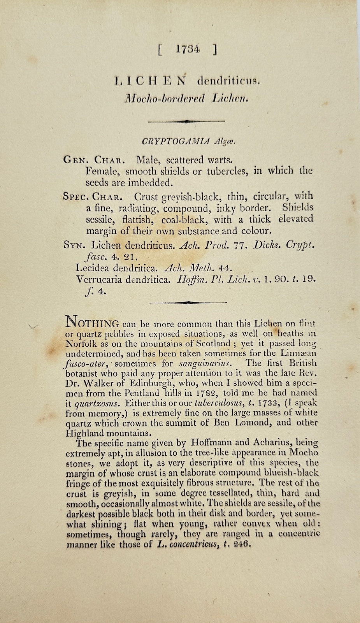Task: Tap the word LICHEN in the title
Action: click(150, 81)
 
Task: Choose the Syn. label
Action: click(75, 245)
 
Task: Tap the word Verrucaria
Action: click(100, 279)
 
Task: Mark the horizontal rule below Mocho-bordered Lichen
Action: click(187, 122)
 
